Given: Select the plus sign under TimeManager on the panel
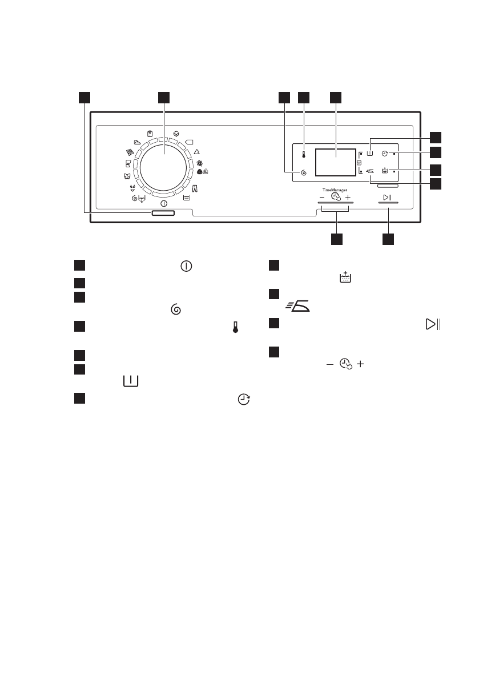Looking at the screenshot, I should (348, 197).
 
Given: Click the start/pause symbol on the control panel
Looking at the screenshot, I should (388, 198).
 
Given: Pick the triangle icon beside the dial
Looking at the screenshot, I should (196, 152).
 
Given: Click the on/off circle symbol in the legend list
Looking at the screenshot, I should (186, 266).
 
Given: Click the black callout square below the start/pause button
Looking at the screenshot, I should (388, 239).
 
